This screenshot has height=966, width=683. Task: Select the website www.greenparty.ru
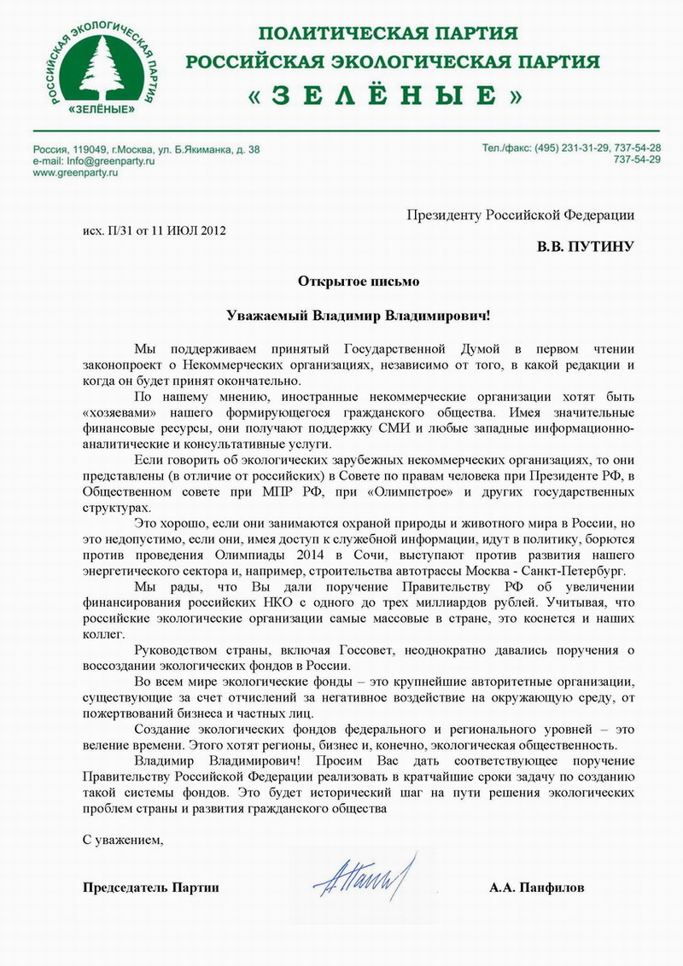tap(75, 172)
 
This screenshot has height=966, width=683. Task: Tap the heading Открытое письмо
tap(359, 281)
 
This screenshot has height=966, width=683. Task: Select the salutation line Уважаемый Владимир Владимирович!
tap(359, 315)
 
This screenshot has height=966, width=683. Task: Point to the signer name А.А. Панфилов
tap(537, 887)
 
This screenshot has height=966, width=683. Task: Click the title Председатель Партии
tap(151, 887)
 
